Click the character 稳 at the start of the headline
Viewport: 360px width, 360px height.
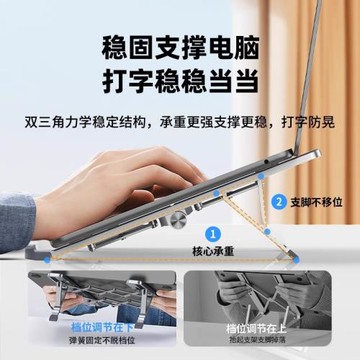pyautogui.click(x=116, y=47)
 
